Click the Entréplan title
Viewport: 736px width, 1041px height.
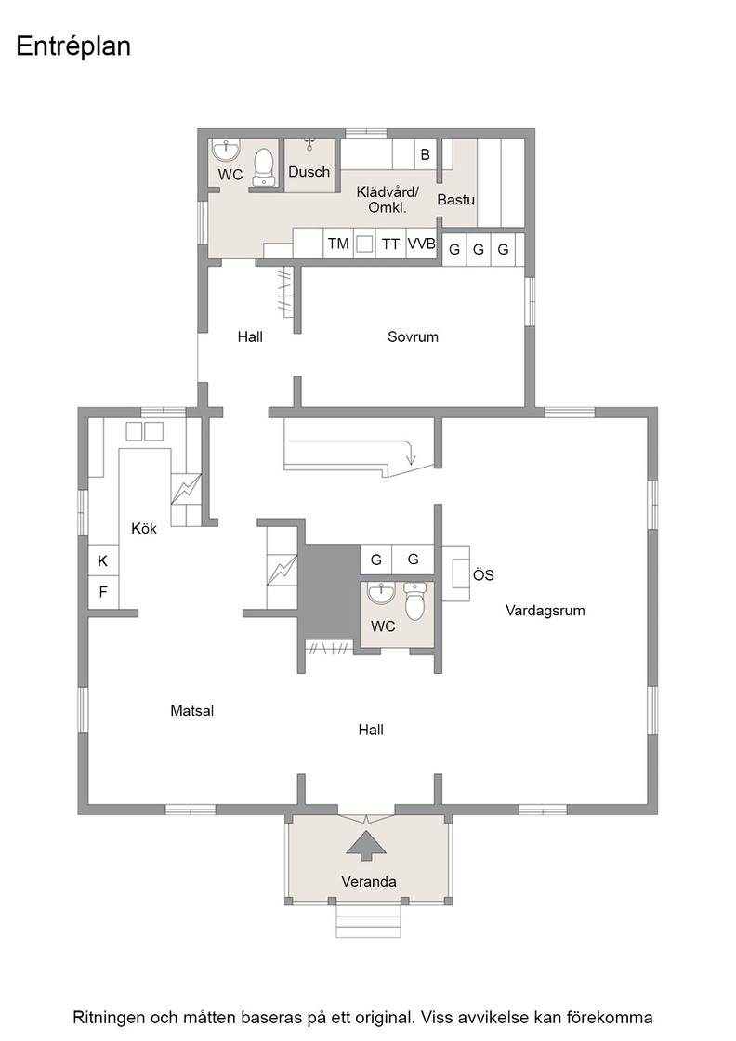click(73, 46)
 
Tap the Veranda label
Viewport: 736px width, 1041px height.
click(369, 882)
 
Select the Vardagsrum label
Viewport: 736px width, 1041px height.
click(545, 611)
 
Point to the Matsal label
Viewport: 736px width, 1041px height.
click(191, 711)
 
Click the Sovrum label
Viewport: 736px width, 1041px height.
click(413, 336)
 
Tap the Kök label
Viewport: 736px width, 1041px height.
click(144, 529)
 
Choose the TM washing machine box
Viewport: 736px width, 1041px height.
click(338, 244)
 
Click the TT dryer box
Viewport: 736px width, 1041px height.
click(390, 244)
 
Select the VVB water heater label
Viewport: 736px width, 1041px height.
click(421, 244)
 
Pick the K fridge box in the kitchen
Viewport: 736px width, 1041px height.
click(103, 561)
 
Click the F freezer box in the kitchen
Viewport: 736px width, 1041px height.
click(103, 591)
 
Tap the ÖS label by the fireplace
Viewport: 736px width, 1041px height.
click(483, 575)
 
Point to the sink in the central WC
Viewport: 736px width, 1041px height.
click(381, 594)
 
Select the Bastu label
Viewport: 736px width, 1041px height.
click(456, 199)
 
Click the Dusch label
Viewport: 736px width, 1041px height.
click(309, 172)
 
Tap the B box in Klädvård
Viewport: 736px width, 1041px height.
click(426, 154)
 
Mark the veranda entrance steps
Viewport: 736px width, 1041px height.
click(369, 920)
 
